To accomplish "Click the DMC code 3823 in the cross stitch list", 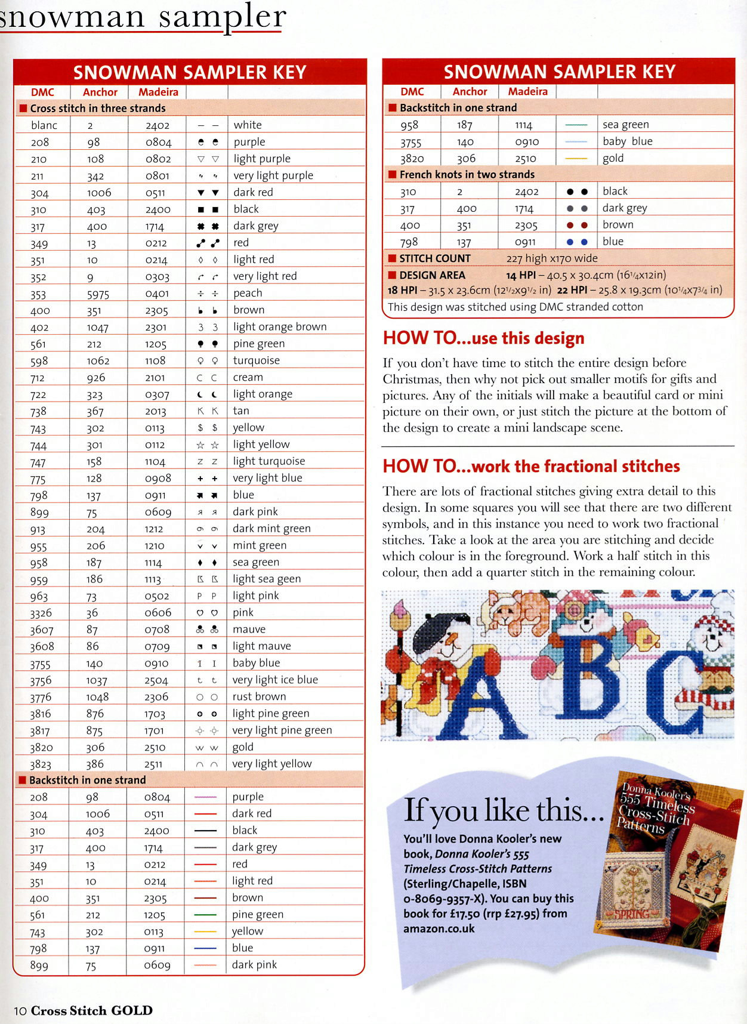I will pos(41,764).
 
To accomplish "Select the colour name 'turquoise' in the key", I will pos(257,360).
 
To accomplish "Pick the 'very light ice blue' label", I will pos(275,680).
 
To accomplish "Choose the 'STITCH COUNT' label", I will pos(434,258).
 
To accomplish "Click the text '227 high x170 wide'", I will pos(551,258).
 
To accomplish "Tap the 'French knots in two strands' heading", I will pos(467,174).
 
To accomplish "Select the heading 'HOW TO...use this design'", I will pos(483,338).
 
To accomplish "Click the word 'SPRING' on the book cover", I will pos(632,914).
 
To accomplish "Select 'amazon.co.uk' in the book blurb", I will pos(439,929).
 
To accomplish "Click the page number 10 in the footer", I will pos(20,1010).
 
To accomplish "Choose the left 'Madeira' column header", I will pos(158,92).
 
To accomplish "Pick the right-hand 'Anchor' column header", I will pos(470,91).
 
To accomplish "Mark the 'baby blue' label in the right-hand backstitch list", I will pos(627,141).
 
